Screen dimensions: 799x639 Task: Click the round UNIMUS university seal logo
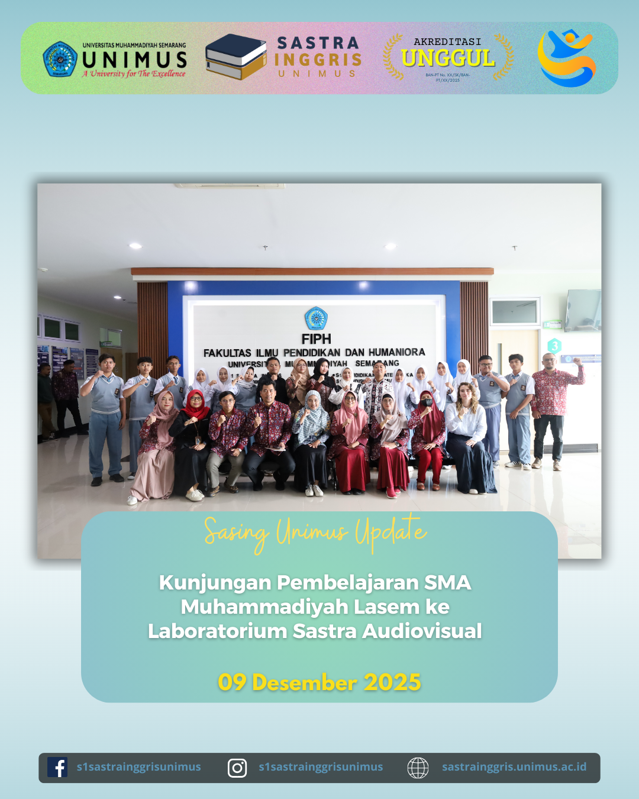(x=60, y=59)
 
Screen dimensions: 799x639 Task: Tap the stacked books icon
(x=235, y=57)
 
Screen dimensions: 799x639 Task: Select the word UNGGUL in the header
(x=448, y=59)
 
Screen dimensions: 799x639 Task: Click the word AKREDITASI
(x=447, y=41)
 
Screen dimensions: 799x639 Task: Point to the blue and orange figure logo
(x=566, y=58)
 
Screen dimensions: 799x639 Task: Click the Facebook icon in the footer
(x=57, y=768)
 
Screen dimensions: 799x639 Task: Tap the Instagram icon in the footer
(x=237, y=768)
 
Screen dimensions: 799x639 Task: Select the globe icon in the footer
(x=418, y=768)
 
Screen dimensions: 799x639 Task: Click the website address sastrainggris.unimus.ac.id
(x=514, y=767)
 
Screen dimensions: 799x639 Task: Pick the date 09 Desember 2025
(x=319, y=682)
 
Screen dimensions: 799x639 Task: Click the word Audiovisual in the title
(x=422, y=631)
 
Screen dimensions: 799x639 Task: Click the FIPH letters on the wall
(x=316, y=339)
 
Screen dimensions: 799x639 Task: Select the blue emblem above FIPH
(x=316, y=318)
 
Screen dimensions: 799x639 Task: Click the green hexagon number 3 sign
(x=554, y=346)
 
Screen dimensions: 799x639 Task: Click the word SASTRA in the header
(x=318, y=43)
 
